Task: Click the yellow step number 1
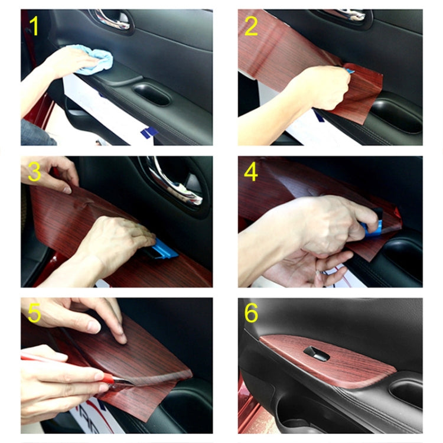(x=34, y=27)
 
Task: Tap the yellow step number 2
(x=252, y=27)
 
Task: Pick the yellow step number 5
(x=34, y=314)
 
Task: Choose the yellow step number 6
(x=252, y=314)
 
